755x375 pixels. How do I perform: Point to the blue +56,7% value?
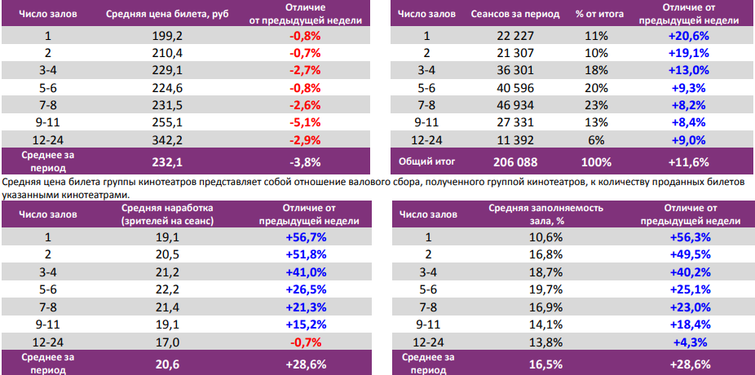tap(307, 237)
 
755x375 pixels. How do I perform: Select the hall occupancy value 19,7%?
tap(545, 290)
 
